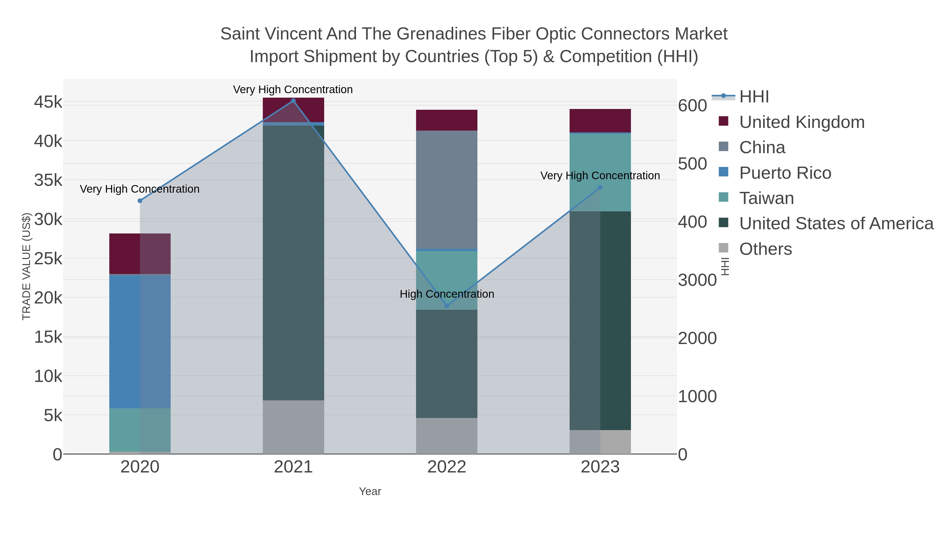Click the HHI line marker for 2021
[293, 101]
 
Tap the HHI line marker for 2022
[447, 306]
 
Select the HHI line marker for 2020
[140, 201]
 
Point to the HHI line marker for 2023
[600, 188]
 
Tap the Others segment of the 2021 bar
[293, 427]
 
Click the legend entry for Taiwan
[766, 198]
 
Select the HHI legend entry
[754, 97]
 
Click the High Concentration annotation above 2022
[447, 294]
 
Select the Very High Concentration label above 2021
[293, 89]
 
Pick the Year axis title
[370, 491]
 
